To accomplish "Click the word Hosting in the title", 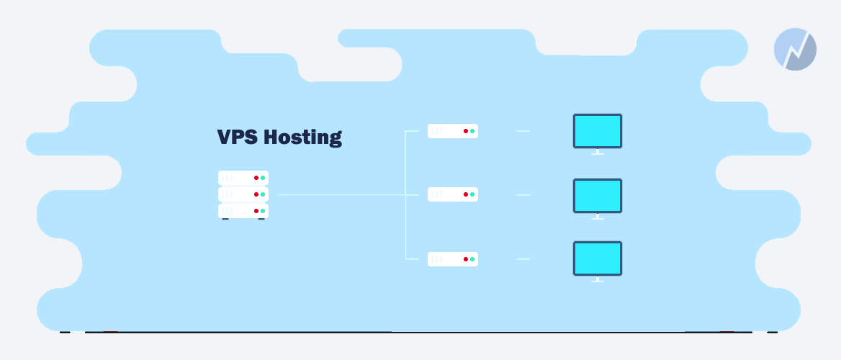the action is [x=303, y=138].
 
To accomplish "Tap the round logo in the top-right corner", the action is [x=795, y=50].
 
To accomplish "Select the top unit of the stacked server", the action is [x=243, y=178].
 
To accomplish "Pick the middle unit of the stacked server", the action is [x=243, y=194].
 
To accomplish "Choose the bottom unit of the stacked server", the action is [x=243, y=211].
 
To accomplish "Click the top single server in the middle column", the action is [x=453, y=131].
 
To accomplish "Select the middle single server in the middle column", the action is [x=453, y=194].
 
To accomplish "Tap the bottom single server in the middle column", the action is [x=453, y=259].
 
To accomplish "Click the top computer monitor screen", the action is [x=598, y=131].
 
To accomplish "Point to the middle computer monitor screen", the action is [x=598, y=196].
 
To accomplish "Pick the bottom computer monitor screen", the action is [x=598, y=258].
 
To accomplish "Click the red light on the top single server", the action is [x=466, y=131].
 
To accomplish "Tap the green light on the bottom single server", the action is [x=472, y=259].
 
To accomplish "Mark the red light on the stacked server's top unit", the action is [x=256, y=178].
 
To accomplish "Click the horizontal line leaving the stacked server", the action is [x=341, y=194].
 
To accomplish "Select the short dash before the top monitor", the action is [x=523, y=131].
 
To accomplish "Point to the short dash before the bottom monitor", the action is [x=523, y=259].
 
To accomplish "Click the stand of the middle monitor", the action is [x=598, y=217].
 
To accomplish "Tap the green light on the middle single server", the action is [x=472, y=194].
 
